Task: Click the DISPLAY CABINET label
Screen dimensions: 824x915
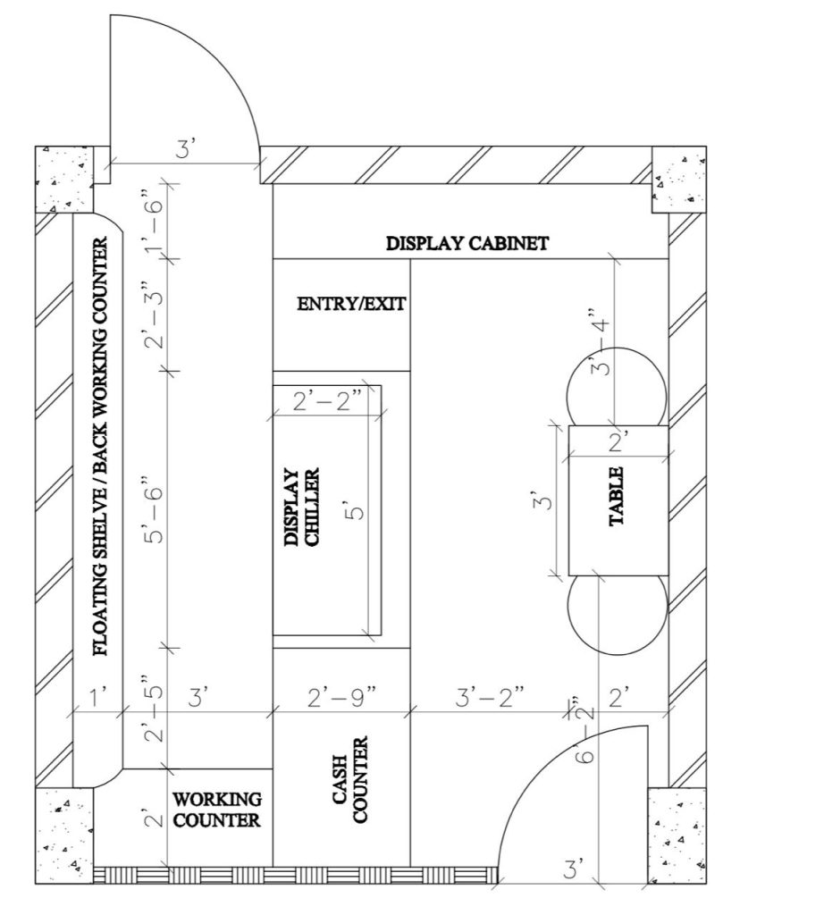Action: [467, 243]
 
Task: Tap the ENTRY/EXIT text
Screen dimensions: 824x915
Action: [351, 304]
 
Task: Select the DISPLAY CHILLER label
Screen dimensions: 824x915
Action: [302, 508]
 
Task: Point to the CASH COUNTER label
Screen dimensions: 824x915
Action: [350, 779]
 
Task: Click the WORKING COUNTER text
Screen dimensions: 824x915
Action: [217, 810]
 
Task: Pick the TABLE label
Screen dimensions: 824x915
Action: [617, 497]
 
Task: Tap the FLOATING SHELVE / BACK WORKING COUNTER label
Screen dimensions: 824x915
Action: [101, 447]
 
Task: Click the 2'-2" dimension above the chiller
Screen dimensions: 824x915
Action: [327, 402]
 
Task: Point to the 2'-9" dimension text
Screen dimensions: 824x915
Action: [342, 697]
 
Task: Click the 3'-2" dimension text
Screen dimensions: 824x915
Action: [490, 697]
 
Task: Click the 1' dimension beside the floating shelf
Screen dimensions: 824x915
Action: [98, 697]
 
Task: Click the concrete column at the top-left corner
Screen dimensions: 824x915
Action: [64, 179]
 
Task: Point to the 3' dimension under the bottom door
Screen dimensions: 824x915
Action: [572, 869]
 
